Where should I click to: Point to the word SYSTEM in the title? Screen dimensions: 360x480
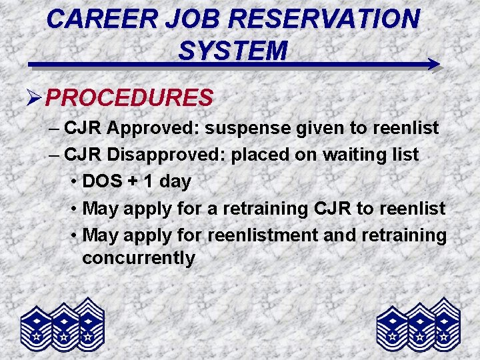(x=233, y=49)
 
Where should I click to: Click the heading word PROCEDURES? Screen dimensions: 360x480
(x=130, y=98)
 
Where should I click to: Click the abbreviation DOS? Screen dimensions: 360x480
(x=105, y=181)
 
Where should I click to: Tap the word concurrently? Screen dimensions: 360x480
(x=139, y=258)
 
